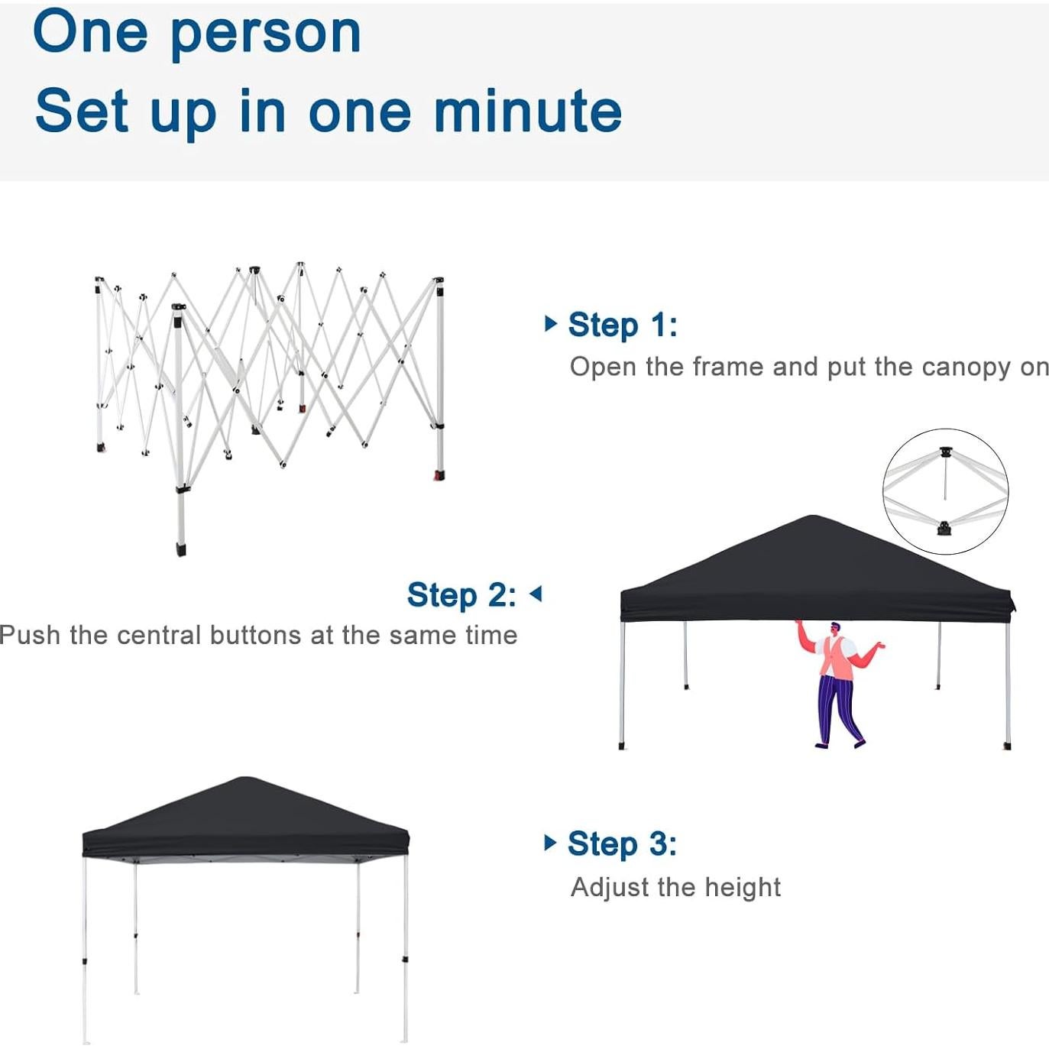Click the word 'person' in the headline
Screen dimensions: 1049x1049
264,34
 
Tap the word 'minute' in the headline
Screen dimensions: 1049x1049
527,112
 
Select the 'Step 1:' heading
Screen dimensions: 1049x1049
622,325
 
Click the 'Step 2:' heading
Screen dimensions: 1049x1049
461,594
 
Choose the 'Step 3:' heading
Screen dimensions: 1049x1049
622,844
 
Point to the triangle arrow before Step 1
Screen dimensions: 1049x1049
550,323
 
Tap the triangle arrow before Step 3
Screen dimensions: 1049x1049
550,843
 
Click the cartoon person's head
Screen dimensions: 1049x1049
834,629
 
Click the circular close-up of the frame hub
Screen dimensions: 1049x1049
945,491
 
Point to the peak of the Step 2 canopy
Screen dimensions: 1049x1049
812,519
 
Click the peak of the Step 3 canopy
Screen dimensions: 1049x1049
243,780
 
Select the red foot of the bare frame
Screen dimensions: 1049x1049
439,476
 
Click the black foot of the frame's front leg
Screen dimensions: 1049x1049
181,549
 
